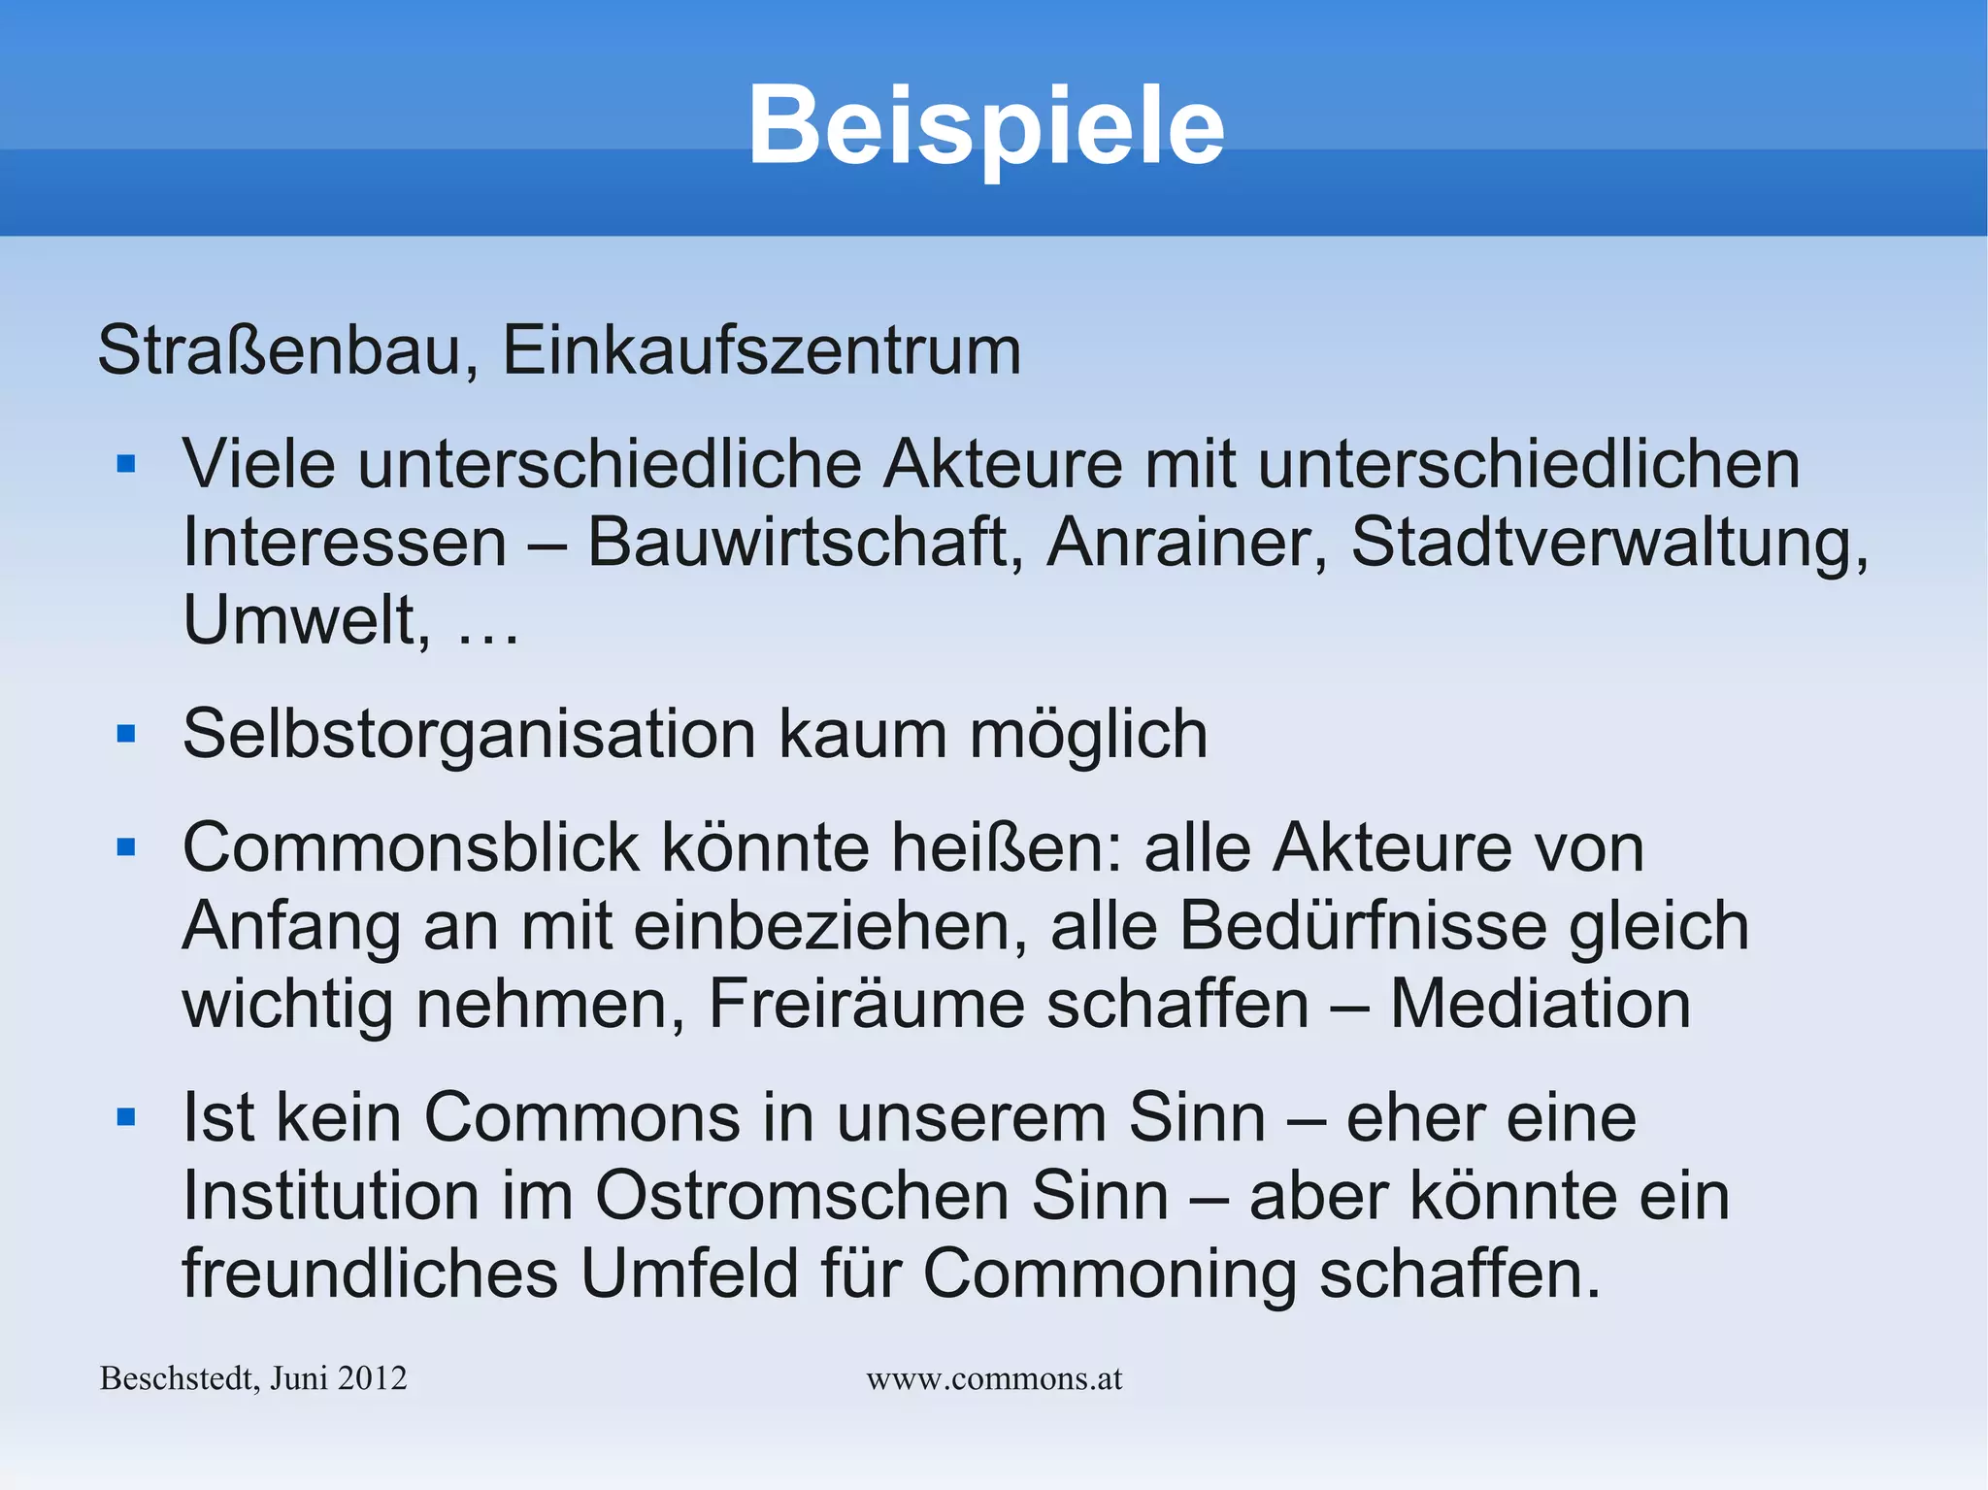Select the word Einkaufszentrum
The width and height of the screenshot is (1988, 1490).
tap(761, 349)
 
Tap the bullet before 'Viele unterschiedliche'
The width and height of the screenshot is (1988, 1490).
tap(126, 464)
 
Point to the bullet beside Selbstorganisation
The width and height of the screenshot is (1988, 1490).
tap(126, 734)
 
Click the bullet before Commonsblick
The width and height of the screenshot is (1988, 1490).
tap(126, 848)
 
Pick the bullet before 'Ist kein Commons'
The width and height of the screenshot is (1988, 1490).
tap(126, 1118)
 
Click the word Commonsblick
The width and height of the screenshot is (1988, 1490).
tap(411, 848)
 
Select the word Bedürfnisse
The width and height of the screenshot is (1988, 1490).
tap(1362, 926)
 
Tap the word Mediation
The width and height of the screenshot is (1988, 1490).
tap(1541, 1004)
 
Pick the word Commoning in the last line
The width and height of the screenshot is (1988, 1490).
tap(1109, 1274)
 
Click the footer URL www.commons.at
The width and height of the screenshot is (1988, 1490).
tap(994, 1378)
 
